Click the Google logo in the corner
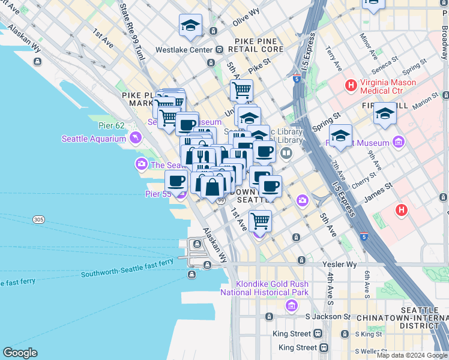20,353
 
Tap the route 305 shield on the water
39,220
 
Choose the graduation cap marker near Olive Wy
190,26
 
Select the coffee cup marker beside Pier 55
176,181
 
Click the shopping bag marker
212,187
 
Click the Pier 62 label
111,126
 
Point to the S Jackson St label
328,316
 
